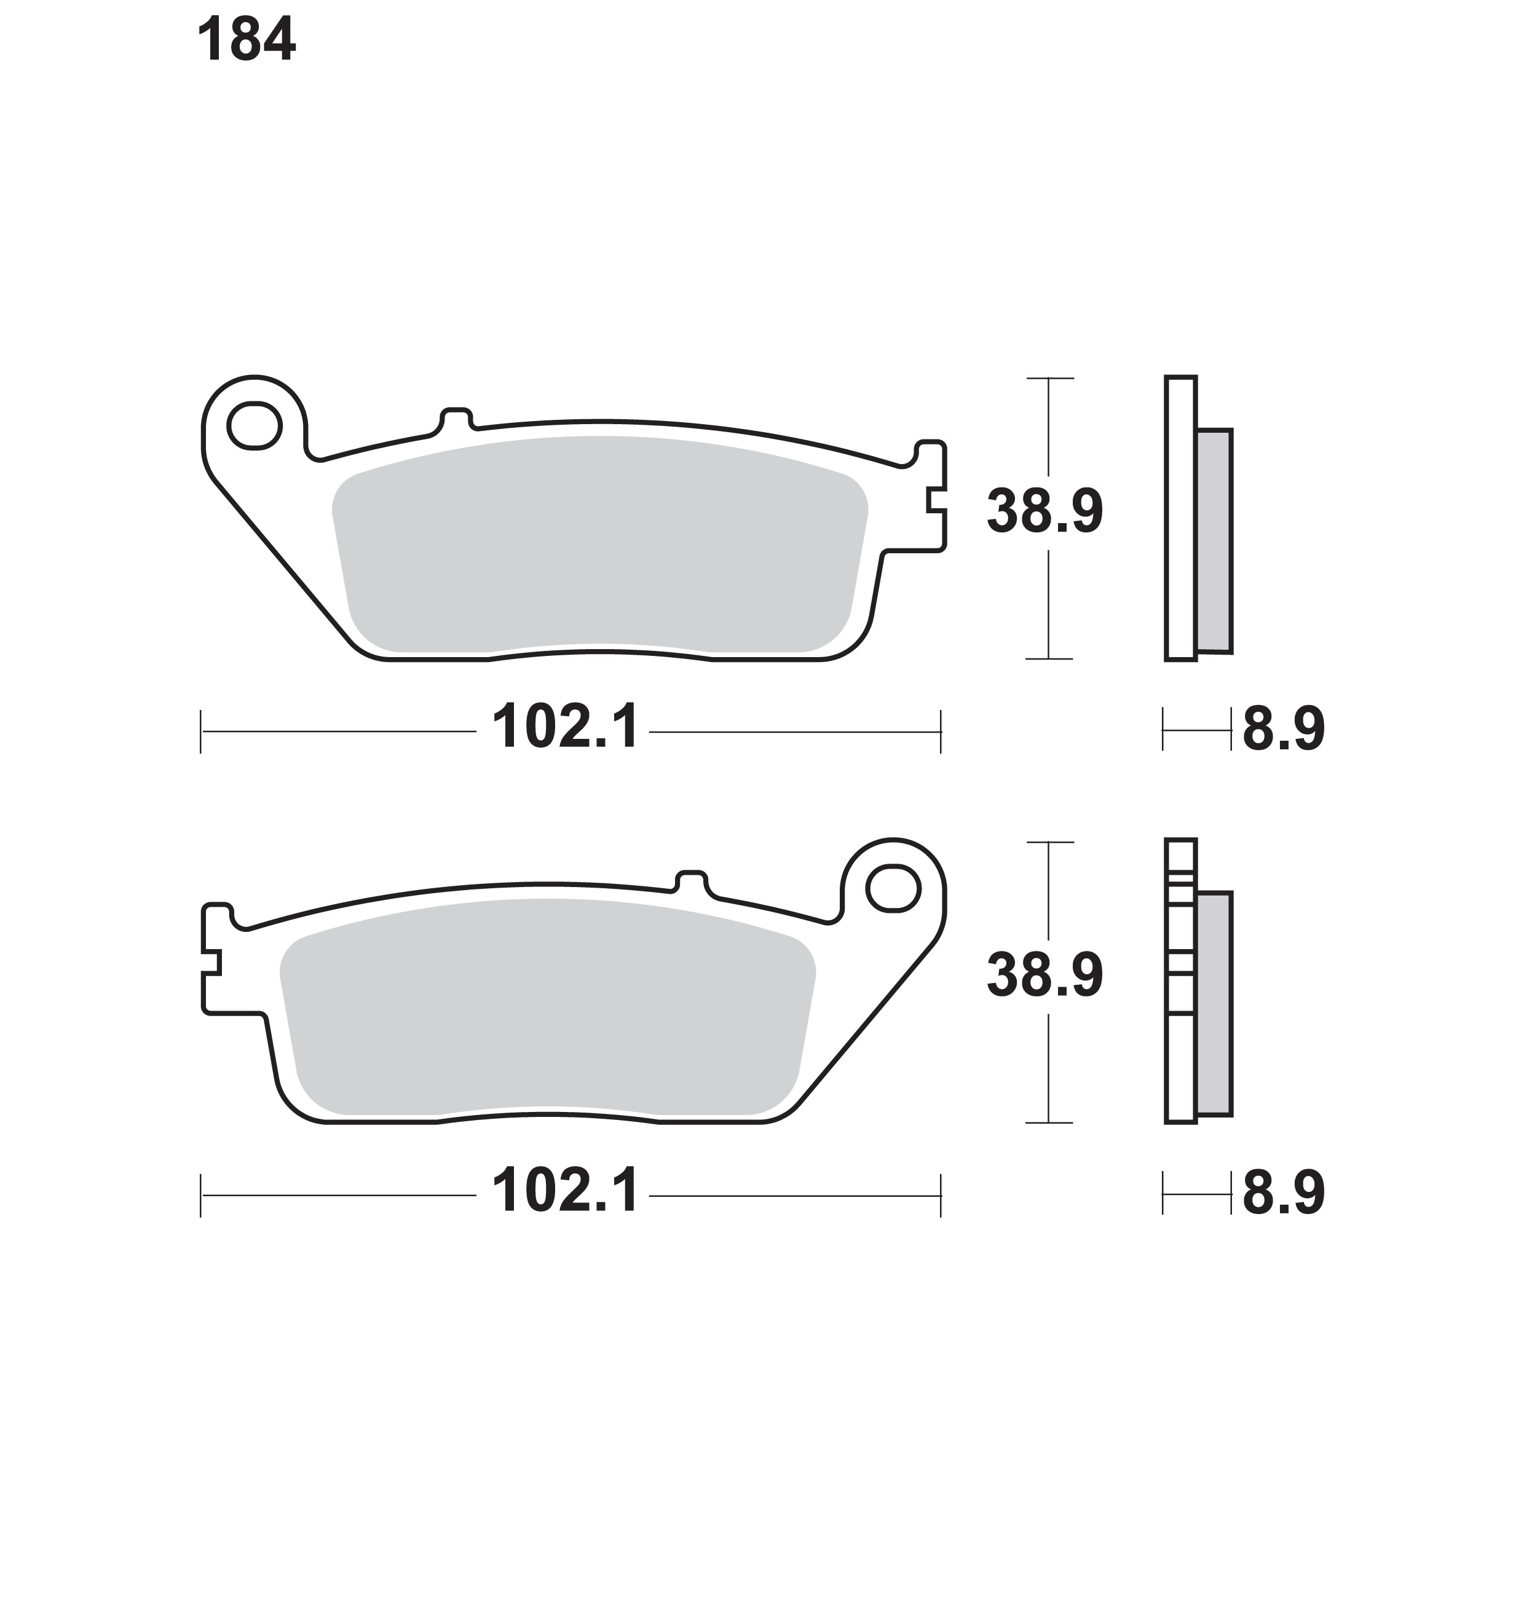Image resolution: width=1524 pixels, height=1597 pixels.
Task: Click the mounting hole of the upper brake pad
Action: [255, 425]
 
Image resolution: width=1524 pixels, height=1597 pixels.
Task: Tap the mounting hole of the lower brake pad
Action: [893, 888]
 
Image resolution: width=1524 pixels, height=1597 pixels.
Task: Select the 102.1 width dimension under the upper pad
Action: [566, 727]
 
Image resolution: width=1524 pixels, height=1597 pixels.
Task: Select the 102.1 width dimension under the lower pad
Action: [566, 1191]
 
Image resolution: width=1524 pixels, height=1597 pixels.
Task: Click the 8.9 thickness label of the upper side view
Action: [1284, 728]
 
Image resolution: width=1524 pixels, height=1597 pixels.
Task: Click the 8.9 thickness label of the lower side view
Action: [1284, 1193]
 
